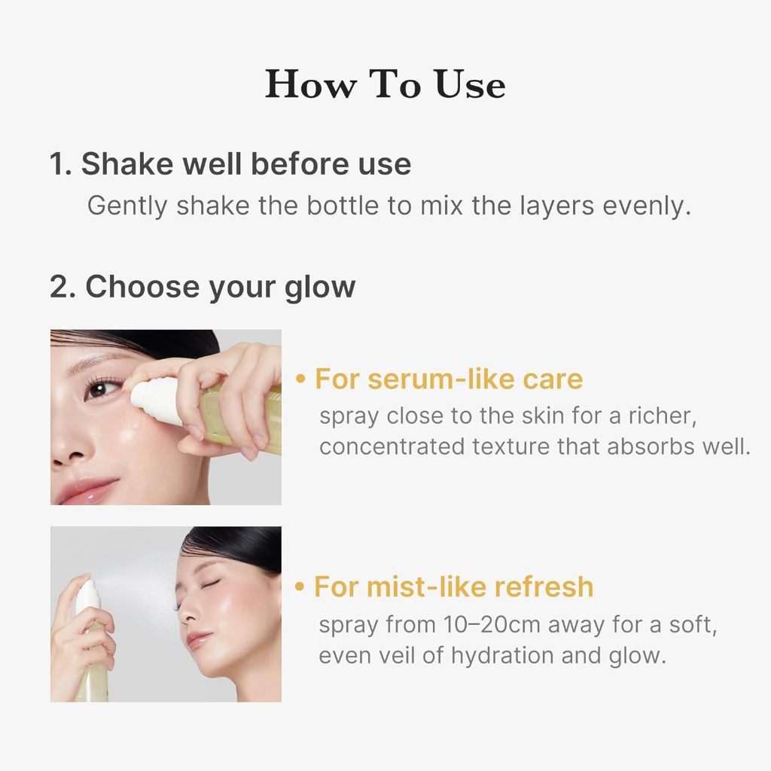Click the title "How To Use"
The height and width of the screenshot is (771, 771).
(385, 84)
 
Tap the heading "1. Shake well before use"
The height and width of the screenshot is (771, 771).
(230, 164)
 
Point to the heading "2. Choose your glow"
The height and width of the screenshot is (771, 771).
(203, 287)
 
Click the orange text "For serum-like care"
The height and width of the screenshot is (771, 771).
(449, 379)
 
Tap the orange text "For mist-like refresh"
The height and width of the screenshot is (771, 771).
(454, 587)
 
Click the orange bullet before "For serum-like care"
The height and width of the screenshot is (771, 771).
(301, 379)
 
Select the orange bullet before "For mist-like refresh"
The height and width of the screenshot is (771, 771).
(301, 587)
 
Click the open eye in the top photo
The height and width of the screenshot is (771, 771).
(102, 388)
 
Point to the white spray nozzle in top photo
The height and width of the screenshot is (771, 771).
(154, 399)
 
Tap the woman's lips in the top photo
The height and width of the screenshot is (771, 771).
(89, 490)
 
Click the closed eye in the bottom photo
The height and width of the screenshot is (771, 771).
(209, 584)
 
